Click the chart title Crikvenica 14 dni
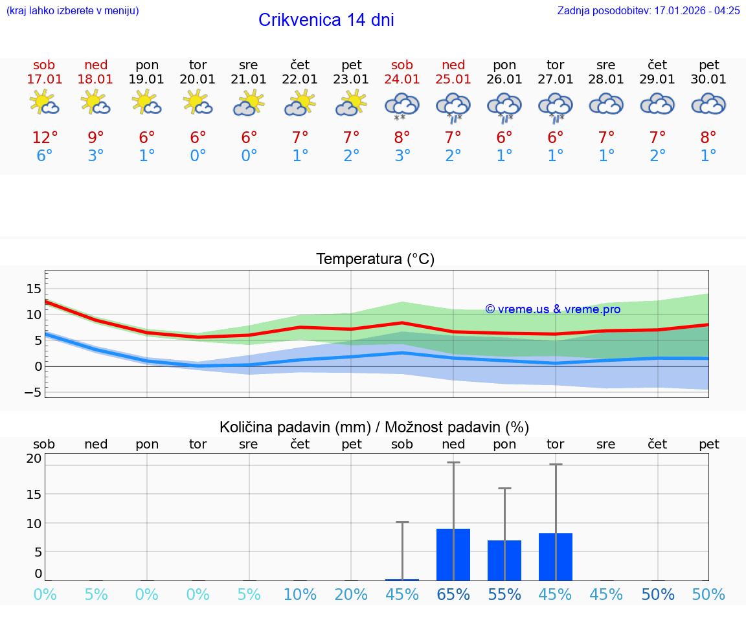click(326, 20)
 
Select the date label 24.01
click(402, 80)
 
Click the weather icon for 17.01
click(45, 104)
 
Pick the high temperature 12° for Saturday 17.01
click(45, 138)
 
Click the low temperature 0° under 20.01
click(198, 156)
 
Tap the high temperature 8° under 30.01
click(708, 138)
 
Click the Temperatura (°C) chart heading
click(375, 260)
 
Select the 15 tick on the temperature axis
click(34, 289)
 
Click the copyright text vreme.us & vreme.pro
click(553, 309)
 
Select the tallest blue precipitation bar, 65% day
click(453, 555)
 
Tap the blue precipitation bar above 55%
click(504, 560)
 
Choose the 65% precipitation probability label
click(453, 595)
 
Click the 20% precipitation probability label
click(351, 595)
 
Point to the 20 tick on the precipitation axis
click(34, 459)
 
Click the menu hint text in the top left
click(73, 10)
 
